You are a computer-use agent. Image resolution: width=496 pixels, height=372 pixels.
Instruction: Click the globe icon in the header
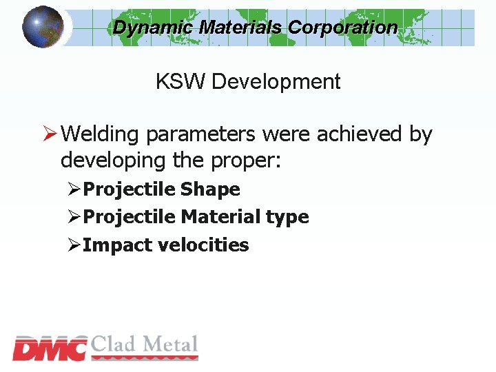click(43, 28)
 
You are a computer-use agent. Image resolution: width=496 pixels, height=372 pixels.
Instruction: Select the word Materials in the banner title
click(240, 28)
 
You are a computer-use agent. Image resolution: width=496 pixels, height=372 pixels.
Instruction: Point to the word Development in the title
click(276, 82)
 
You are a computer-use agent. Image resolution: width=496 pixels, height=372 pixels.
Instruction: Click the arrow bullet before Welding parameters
click(48, 134)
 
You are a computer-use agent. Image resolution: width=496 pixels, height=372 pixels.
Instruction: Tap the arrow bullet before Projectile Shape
click(74, 189)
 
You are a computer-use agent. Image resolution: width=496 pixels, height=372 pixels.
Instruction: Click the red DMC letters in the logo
click(50, 349)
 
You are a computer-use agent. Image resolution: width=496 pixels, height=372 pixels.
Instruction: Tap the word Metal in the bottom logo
click(172, 344)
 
